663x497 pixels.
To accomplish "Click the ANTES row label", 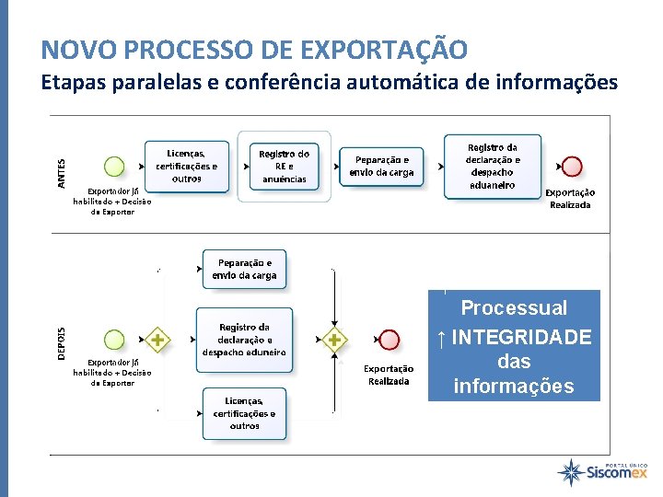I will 62,174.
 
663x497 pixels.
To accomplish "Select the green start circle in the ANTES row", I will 114,167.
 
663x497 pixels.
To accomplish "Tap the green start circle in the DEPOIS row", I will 114,341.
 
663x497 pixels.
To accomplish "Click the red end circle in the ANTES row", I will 572,167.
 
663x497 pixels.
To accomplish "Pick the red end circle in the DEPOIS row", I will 390,341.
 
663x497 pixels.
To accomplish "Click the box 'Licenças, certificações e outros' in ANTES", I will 187,166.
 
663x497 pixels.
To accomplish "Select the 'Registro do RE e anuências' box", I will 284,166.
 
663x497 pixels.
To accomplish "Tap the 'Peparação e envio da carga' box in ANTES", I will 382,166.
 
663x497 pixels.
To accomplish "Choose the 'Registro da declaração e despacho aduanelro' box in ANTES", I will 493,166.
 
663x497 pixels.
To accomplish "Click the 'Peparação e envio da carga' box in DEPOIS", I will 243,269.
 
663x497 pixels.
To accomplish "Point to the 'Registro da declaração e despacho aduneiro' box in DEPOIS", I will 244,340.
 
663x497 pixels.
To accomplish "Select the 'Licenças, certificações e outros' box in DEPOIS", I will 244,413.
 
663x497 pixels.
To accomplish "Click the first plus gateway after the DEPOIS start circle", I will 158,341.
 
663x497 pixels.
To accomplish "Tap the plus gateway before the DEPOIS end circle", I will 333,341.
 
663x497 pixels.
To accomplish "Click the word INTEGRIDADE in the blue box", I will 521,338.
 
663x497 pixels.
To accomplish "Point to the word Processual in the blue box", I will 514,307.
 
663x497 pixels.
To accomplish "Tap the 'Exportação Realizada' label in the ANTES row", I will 571,199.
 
